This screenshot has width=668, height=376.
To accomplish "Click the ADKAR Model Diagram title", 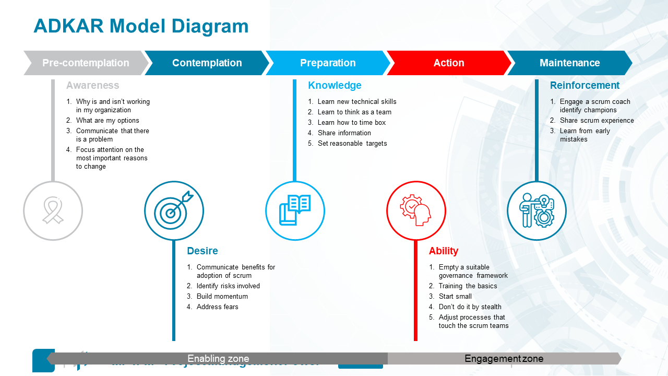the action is click(141, 26).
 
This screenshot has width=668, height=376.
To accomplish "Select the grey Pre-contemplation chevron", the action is click(86, 63).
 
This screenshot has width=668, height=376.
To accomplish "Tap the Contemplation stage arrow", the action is click(207, 63).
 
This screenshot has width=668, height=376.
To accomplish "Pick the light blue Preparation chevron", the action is click(328, 63).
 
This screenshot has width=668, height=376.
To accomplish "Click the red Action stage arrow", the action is click(449, 63).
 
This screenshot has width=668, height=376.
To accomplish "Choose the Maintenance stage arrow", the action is click(569, 63).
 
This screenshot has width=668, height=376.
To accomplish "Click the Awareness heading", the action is click(92, 86).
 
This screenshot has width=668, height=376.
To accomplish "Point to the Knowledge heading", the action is click(335, 86).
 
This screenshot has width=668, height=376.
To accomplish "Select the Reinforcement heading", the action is click(584, 86).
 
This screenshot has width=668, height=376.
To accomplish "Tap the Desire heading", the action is click(202, 251).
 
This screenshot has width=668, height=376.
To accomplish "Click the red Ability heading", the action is click(444, 251).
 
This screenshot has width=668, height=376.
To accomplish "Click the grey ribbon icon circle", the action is click(53, 211).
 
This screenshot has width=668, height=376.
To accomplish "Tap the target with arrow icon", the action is click(174, 211).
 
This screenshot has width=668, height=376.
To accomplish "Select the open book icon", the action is click(295, 211).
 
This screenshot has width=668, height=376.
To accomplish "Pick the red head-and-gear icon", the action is click(416, 211).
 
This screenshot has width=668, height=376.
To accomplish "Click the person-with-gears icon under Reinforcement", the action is click(536, 211).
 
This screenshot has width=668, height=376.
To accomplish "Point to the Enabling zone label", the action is click(218, 359).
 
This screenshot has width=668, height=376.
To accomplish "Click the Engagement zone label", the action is click(504, 359).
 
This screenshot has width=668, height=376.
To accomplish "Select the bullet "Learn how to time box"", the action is click(352, 123).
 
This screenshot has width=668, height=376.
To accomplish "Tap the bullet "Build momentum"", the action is click(222, 297).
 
